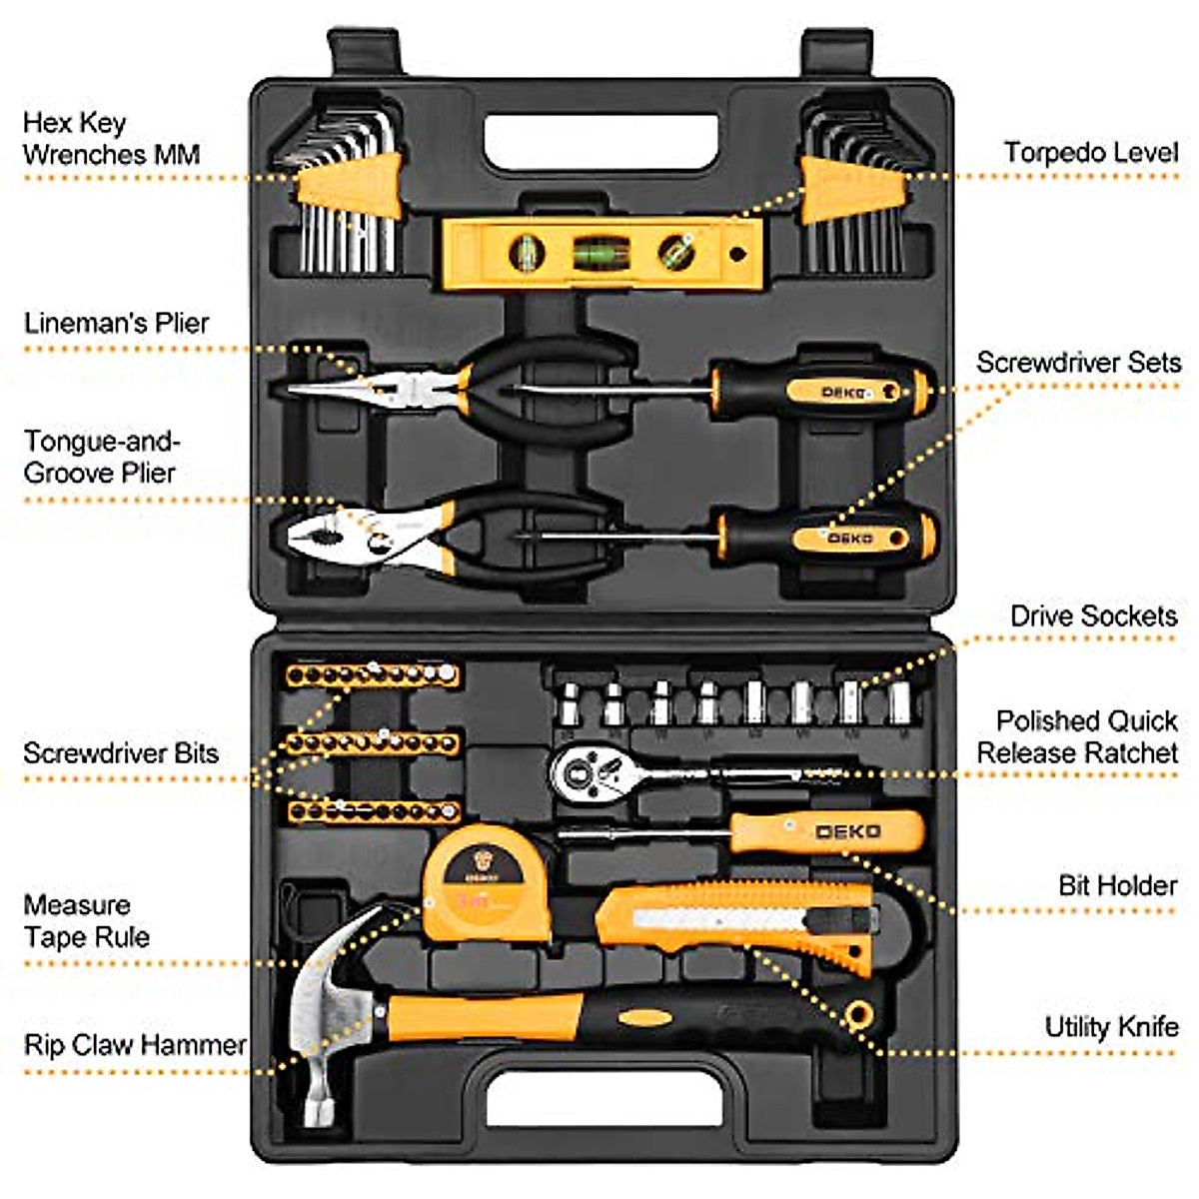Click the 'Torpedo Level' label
(1091, 153)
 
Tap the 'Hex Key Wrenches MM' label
(111, 139)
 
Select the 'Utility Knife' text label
(1111, 1027)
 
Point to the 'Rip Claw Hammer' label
(135, 1045)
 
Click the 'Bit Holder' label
(1117, 885)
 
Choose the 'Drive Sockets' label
(1093, 616)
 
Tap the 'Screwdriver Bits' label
(120, 753)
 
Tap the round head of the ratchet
(581, 770)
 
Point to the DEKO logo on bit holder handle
(847, 831)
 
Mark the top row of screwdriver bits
(372, 675)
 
